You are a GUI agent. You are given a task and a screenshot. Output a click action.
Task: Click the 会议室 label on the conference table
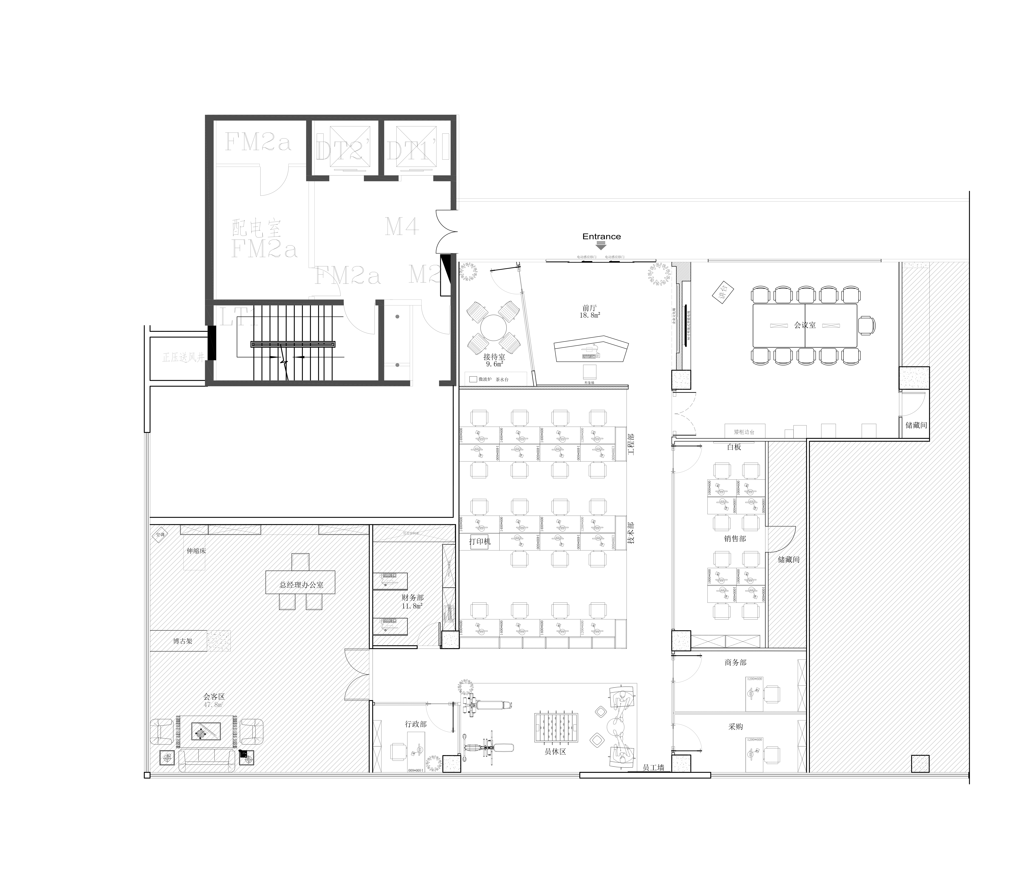tap(805, 325)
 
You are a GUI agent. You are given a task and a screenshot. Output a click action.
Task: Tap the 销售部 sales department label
tap(735, 538)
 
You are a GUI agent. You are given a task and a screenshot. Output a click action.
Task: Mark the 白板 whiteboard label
tap(734, 447)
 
